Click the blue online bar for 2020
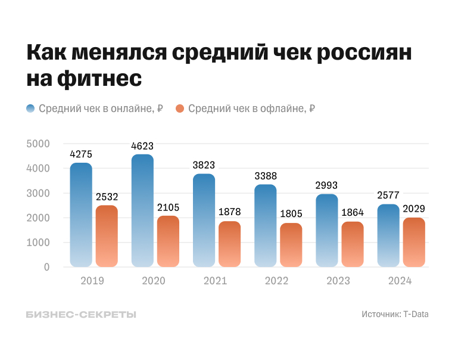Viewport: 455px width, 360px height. (x=142, y=210)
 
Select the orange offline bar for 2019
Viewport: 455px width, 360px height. (x=107, y=236)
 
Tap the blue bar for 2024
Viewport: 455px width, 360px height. (x=388, y=235)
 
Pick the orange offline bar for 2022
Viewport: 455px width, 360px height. (x=291, y=245)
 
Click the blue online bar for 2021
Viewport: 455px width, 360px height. (x=204, y=220)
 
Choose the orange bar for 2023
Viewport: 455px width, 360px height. (x=352, y=244)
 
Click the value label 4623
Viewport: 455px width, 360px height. (x=142, y=145)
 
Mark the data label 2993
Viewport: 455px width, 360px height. (x=326, y=185)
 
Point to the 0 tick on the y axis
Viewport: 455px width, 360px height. (x=46, y=267)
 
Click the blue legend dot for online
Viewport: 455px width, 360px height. (x=30, y=108)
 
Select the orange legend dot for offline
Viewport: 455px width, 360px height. (x=180, y=108)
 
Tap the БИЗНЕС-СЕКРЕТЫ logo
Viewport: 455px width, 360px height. (x=81, y=314)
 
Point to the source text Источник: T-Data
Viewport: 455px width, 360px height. (x=394, y=314)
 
